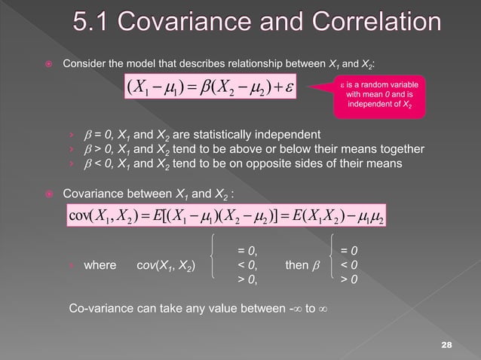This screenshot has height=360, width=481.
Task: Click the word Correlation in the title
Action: pos(357,23)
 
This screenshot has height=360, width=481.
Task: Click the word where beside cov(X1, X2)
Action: pos(100,265)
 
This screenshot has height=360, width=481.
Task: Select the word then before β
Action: pos(297,265)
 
